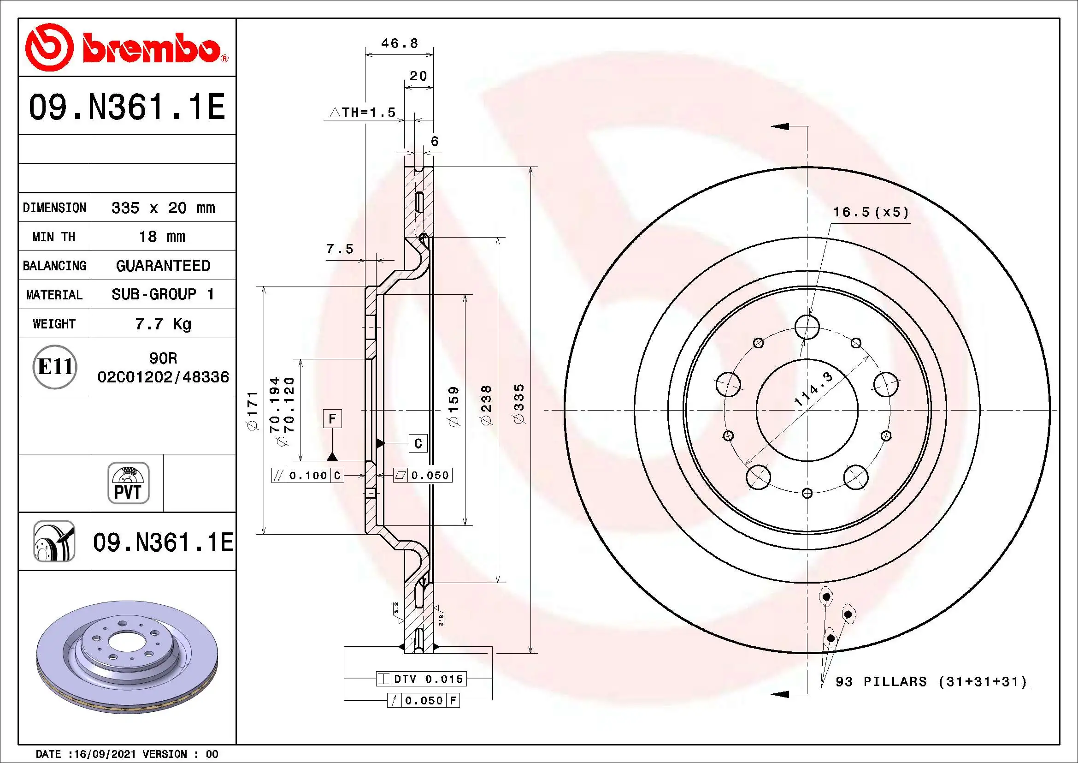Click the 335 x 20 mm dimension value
click(163, 208)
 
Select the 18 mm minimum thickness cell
click(162, 236)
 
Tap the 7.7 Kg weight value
click(163, 324)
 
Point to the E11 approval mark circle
click(54, 367)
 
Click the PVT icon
click(128, 483)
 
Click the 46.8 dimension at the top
click(400, 43)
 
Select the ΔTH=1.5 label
click(362, 113)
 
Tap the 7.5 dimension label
click(340, 249)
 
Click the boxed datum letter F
click(332, 418)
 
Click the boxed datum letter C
click(418, 443)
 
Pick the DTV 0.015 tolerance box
click(421, 679)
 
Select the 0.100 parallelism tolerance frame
click(308, 476)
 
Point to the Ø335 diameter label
click(519, 404)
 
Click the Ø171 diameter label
click(253, 411)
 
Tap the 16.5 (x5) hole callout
click(871, 212)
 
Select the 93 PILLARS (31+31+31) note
click(931, 682)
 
